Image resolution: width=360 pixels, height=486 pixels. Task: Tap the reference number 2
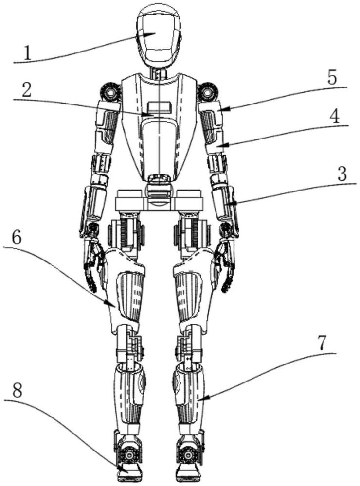coord(28,90)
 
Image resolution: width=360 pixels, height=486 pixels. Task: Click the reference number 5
coord(332,78)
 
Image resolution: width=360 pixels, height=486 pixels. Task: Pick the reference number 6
coord(16,237)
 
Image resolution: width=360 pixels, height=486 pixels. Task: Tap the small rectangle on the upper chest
coord(160,107)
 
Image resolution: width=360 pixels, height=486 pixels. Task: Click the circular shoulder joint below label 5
coord(208,91)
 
